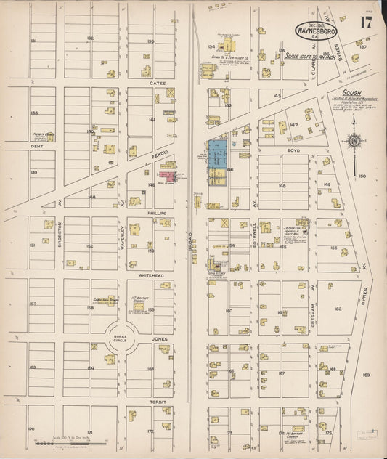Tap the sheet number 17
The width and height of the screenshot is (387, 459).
(365, 23)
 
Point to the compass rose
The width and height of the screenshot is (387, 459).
(354, 140)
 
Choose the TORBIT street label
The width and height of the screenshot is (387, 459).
(158, 401)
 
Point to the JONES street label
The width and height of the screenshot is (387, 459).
(159, 338)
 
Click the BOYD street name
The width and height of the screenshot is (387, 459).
(282, 150)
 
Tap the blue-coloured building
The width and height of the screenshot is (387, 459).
(216, 154)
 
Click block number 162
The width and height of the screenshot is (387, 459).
(338, 309)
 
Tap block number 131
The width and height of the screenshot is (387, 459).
(33, 41)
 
